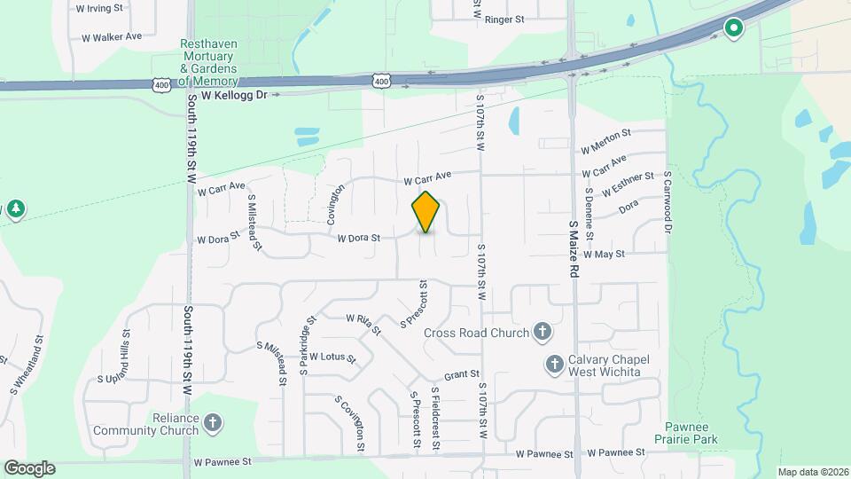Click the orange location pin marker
426,211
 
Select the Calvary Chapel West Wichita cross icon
555,364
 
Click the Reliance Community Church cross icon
212,423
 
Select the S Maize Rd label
574,250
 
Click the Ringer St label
505,19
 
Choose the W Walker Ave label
112,37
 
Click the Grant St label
462,375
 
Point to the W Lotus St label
332,358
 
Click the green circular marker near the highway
733,28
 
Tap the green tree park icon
15,209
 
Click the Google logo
29,467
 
